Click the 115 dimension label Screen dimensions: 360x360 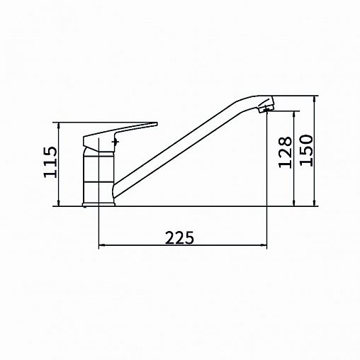coord(50,162)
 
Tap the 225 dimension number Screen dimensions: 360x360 coord(179,237)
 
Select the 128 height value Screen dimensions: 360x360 coord(285,152)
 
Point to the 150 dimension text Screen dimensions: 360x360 coord(306,150)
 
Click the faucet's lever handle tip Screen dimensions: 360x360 coord(156,124)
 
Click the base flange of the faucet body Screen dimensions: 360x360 coord(99,204)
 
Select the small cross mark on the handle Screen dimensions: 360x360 coord(116,142)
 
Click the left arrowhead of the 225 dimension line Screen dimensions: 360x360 coord(101,245)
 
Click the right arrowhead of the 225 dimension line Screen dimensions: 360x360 coord(264,245)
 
